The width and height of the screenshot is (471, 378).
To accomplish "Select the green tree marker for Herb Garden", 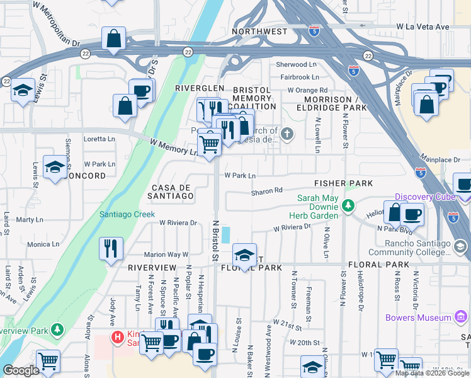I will (x=348, y=205).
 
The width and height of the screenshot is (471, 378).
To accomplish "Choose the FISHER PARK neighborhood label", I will (x=344, y=183).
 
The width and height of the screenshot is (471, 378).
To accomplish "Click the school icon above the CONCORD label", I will (x=55, y=168).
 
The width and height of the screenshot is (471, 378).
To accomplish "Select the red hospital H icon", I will (x=116, y=337).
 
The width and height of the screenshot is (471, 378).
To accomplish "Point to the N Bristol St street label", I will (x=215, y=241).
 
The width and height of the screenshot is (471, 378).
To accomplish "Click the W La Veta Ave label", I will (x=423, y=26).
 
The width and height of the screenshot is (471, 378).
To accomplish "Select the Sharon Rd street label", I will (x=267, y=191).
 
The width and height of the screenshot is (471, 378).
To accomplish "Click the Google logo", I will (x=21, y=370).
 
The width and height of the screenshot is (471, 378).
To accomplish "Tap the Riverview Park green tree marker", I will (x=58, y=329).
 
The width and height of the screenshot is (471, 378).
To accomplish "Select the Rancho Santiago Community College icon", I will (x=460, y=245).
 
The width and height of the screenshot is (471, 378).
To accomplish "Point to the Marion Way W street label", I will (x=166, y=255).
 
